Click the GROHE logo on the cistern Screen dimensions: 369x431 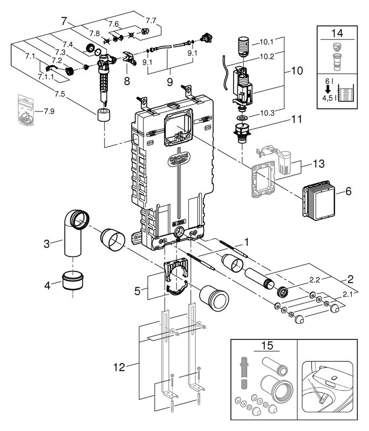179,159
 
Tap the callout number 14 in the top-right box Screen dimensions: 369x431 337,33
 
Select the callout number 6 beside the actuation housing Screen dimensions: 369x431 348,191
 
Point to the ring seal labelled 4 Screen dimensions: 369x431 73,281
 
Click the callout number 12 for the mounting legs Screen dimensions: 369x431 119,367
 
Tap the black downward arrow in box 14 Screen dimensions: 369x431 327,89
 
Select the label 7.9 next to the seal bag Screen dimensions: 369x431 49,112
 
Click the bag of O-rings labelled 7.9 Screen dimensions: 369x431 26,110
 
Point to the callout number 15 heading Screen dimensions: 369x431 267,345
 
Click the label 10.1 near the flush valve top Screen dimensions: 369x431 266,42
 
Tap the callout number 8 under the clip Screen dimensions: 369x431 127,81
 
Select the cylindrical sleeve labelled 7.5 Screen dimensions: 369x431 104,115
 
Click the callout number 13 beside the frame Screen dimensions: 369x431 319,164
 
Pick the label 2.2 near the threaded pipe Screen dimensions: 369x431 315,280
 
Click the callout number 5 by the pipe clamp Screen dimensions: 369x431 138,291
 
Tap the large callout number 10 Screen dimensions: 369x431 297,71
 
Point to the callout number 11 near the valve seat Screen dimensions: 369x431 297,119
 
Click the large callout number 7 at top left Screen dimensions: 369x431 64,21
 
